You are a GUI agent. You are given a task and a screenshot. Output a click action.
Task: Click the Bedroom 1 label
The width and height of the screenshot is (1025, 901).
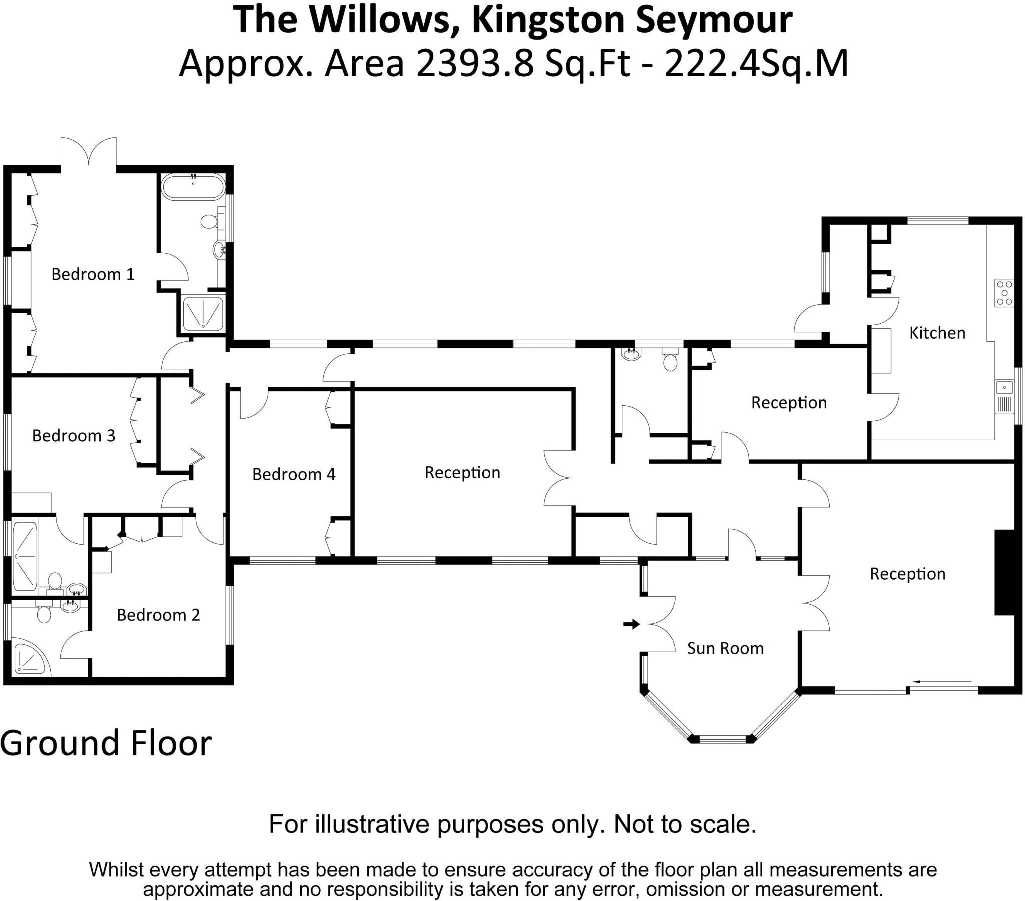pyautogui.click(x=93, y=274)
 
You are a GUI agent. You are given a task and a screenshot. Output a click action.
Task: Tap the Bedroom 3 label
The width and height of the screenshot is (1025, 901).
pyautogui.click(x=73, y=436)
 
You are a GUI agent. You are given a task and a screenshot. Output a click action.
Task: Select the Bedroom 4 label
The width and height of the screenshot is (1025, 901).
pyautogui.click(x=293, y=474)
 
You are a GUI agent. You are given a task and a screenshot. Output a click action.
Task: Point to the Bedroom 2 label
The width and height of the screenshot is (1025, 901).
pyautogui.click(x=158, y=615)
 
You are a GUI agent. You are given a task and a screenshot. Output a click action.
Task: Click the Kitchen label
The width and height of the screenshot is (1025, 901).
pyautogui.click(x=937, y=333)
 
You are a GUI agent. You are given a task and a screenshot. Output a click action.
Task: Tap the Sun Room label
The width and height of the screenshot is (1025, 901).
pyautogui.click(x=725, y=649)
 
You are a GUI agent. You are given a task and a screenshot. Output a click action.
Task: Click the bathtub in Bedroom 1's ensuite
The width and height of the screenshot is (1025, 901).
pyautogui.click(x=193, y=187)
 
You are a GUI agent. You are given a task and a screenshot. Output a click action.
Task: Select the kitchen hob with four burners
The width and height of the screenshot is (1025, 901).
pyautogui.click(x=1004, y=293)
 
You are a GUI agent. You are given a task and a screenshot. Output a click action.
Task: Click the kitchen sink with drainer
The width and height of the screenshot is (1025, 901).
pyautogui.click(x=1004, y=397)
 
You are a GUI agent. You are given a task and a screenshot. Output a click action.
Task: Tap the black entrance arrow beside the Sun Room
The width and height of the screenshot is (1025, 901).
pyautogui.click(x=631, y=624)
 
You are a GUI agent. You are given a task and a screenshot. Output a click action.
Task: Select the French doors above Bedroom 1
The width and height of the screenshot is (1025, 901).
pyautogui.click(x=89, y=151)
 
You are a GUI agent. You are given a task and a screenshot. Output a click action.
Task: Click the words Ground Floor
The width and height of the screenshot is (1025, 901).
pyautogui.click(x=106, y=743)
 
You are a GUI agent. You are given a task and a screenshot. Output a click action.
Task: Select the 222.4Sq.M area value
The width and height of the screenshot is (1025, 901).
pyautogui.click(x=756, y=64)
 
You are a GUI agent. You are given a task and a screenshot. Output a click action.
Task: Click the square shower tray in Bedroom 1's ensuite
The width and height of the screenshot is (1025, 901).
pyautogui.click(x=203, y=314)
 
